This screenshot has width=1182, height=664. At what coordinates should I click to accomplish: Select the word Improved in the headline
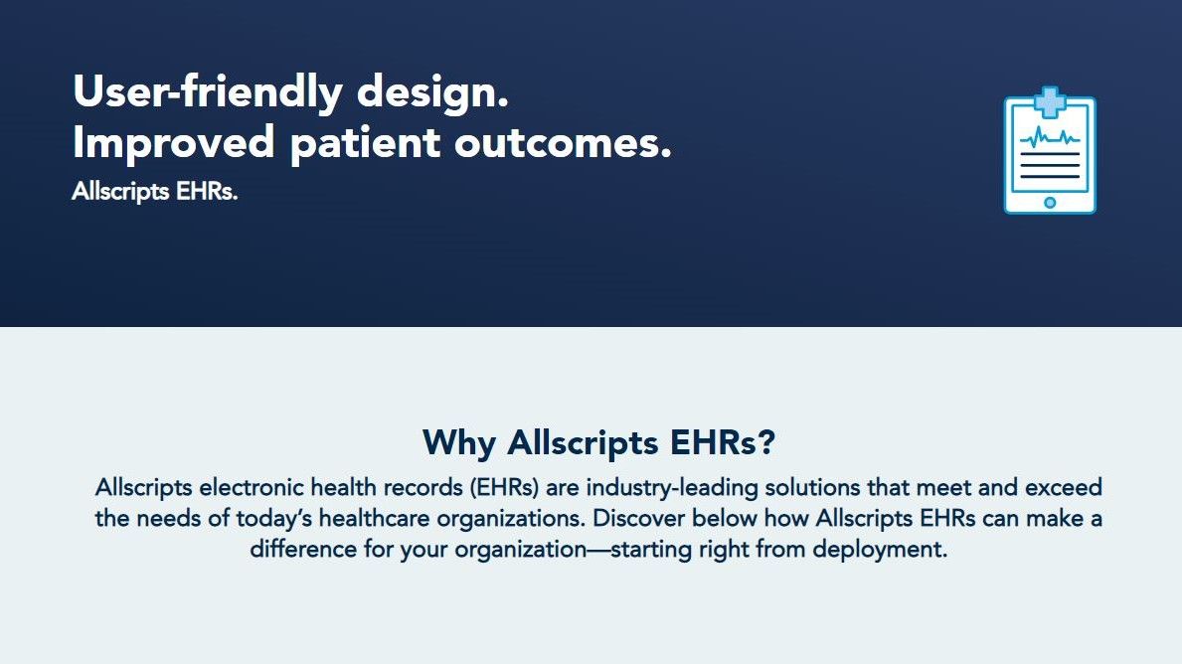pyautogui.click(x=173, y=143)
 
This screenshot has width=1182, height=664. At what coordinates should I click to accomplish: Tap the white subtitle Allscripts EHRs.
pyautogui.click(x=154, y=192)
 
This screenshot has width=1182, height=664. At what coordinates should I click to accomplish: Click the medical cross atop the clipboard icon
pyautogui.click(x=1050, y=100)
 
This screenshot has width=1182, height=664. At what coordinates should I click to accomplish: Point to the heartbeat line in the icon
pyautogui.click(x=1049, y=136)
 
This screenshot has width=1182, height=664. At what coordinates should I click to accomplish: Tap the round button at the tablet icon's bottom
pyautogui.click(x=1050, y=203)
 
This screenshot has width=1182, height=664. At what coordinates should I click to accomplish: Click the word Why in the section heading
pyautogui.click(x=459, y=441)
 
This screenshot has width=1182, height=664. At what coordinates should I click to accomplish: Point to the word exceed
pyautogui.click(x=1064, y=488)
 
